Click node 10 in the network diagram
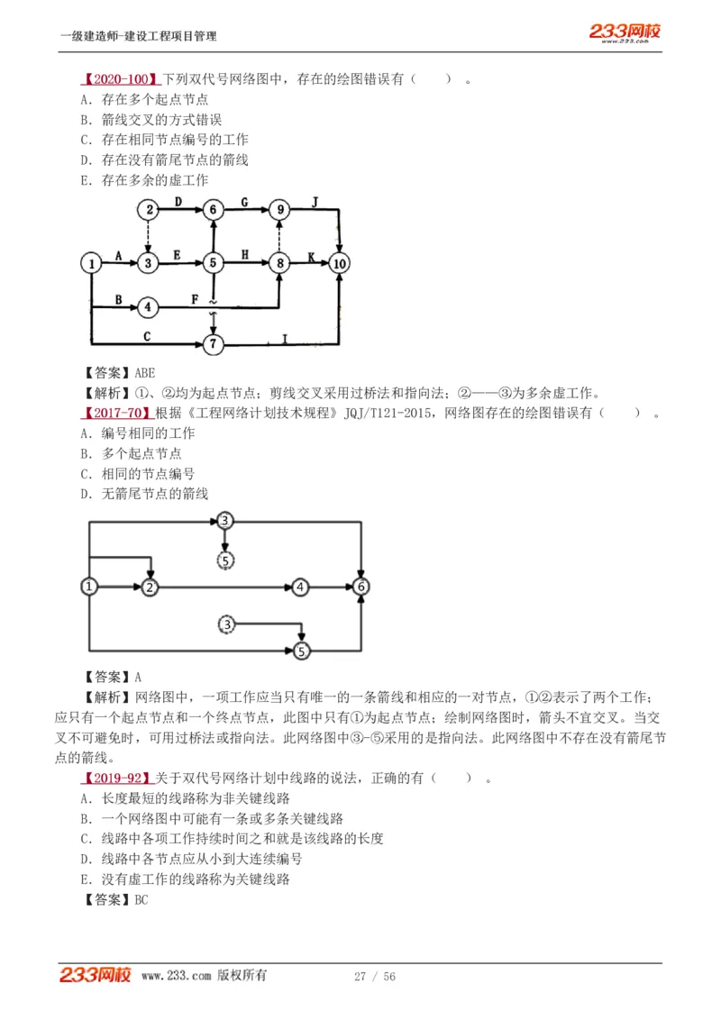339,263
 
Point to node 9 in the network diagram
280,210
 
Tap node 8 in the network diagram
280,263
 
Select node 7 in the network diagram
214,343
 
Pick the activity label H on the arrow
245,255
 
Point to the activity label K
311,256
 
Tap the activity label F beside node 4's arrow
195,298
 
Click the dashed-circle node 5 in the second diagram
225,560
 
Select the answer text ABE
144,372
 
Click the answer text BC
141,899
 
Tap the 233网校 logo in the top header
625,32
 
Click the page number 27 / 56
375,976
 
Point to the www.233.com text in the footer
176,976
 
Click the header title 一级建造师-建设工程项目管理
138,36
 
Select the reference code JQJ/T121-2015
386,413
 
